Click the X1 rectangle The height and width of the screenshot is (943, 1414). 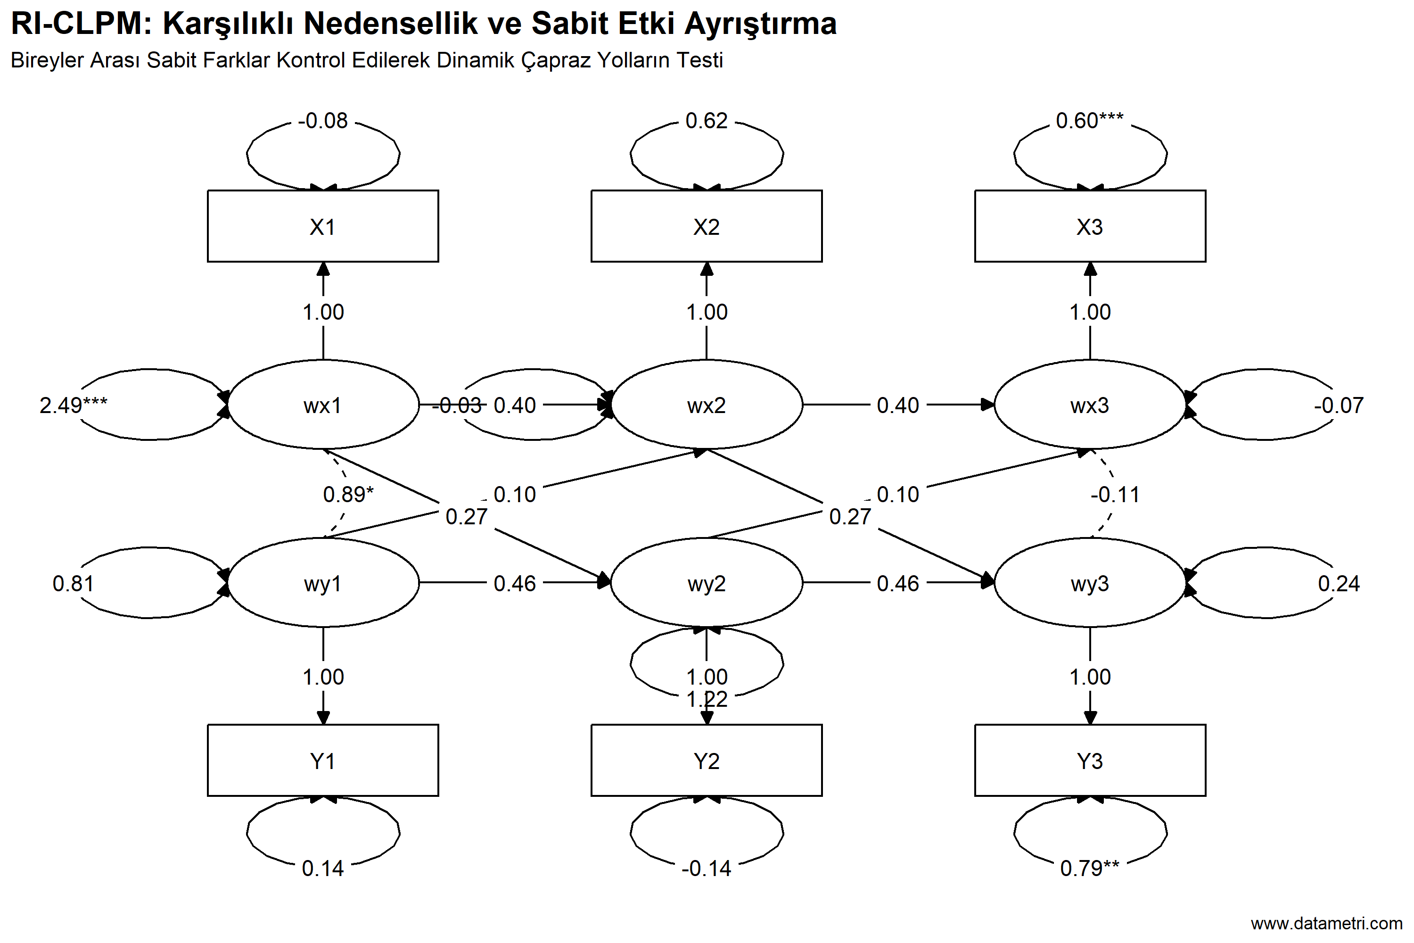323,226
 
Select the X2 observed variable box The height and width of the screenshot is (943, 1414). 707,226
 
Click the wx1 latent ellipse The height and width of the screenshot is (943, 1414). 323,405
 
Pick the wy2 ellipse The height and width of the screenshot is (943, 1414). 707,583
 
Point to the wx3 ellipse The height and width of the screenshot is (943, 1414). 1090,405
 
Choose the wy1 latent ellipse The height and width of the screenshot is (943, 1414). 323,583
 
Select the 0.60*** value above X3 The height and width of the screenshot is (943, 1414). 1089,120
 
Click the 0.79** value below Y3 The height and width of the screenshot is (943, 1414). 1089,868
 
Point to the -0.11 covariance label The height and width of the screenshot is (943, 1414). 1115,494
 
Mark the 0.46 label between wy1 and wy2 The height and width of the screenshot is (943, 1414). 515,583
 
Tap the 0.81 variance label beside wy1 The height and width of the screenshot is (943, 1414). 73,583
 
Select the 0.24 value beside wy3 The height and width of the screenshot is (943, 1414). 1339,583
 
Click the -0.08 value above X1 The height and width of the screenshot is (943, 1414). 323,120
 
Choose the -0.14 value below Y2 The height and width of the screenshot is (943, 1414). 707,868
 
